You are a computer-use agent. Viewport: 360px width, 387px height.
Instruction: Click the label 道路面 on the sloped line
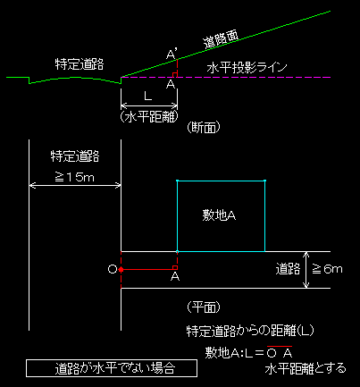221,39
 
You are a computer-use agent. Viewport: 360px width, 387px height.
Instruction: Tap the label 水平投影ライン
247,68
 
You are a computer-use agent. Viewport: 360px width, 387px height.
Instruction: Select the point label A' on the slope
172,55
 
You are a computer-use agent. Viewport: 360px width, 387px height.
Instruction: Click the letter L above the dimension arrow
148,97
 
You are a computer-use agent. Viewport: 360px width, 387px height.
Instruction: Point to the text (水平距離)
149,116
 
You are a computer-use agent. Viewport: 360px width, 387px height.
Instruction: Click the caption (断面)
204,128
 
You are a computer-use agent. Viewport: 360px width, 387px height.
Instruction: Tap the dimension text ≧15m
75,177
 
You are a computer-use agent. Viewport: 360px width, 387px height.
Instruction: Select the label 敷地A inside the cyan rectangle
219,215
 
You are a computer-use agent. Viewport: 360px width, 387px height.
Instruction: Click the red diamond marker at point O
121,269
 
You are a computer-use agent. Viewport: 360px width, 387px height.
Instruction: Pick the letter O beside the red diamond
113,269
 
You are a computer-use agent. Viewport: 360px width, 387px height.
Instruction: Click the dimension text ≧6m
327,269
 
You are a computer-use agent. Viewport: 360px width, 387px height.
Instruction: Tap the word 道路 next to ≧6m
288,269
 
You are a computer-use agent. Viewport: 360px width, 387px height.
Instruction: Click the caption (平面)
204,307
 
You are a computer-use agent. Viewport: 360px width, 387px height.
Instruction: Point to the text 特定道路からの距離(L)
250,331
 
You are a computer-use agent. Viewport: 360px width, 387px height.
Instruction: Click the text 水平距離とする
306,368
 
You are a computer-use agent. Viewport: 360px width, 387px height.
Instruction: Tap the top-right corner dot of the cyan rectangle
264,181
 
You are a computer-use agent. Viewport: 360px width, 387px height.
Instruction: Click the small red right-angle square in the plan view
175,267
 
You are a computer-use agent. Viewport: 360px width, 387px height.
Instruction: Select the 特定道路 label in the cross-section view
80,64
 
